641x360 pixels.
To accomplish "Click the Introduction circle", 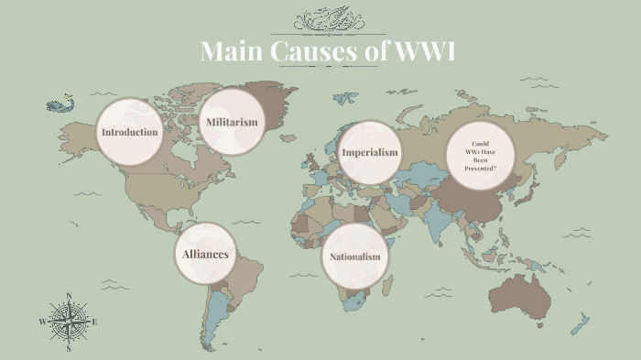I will pyautogui.click(x=130, y=132).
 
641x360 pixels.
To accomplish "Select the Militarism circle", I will pyautogui.click(x=232, y=122).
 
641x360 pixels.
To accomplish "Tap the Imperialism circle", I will pyautogui.click(x=369, y=152).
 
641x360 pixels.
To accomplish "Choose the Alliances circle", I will pyautogui.click(x=205, y=255).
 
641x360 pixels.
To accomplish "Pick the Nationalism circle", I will pyautogui.click(x=354, y=256).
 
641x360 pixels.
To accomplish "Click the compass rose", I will pyautogui.click(x=69, y=322).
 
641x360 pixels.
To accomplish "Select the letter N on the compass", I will pyautogui.click(x=69, y=296).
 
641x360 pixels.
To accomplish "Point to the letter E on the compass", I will pyautogui.click(x=95, y=322).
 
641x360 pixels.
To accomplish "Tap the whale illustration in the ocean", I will pyautogui.click(x=60, y=105).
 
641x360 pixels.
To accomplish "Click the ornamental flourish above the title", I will pyautogui.click(x=327, y=18).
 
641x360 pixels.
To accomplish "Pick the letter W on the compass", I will pyautogui.click(x=42, y=322).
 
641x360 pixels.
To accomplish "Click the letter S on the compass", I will pyautogui.click(x=69, y=349).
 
